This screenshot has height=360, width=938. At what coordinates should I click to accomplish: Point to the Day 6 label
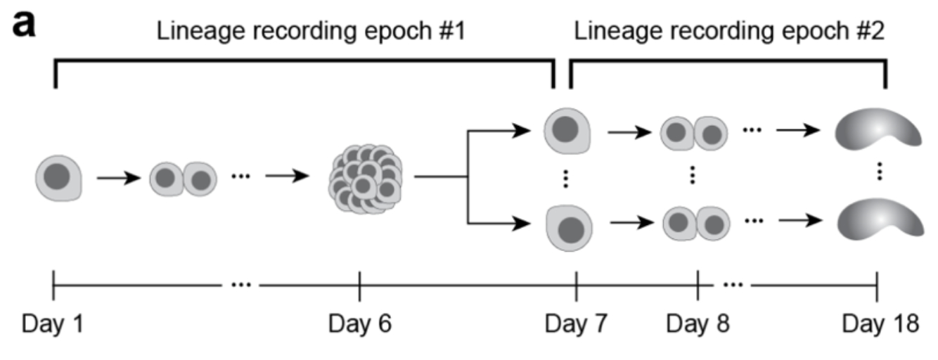tap(360, 324)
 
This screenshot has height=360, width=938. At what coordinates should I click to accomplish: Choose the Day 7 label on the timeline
tap(577, 324)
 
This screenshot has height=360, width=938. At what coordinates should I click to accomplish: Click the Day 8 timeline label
tap(698, 324)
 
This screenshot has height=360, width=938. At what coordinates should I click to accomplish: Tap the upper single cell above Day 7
tap(568, 131)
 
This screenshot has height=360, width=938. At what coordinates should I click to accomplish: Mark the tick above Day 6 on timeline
tap(359, 286)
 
